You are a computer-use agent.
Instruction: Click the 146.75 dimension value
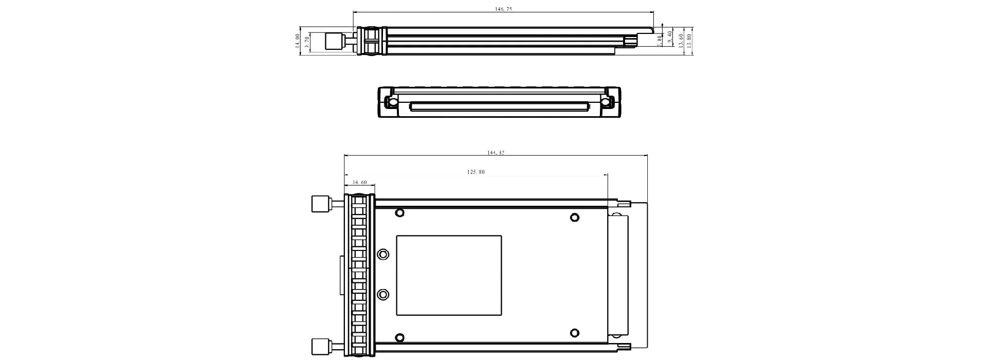pos(503,9)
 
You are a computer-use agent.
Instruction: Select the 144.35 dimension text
pos(496,153)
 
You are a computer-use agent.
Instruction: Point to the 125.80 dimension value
pos(476,172)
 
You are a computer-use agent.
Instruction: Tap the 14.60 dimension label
pos(360,183)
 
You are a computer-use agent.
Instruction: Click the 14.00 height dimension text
pos(297,41)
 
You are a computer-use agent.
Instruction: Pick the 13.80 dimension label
pos(689,41)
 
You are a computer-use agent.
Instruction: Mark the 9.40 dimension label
pos(670,37)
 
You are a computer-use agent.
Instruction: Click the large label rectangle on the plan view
pos(449,275)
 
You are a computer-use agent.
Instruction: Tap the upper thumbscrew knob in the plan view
pos(320,204)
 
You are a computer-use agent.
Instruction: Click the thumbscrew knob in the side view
pos(335,42)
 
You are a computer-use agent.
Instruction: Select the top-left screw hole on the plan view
pos(399,212)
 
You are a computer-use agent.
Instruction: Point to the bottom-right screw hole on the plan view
pos(575,333)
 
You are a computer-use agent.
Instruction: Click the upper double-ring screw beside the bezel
pos(383,255)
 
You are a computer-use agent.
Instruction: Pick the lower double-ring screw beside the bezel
pos(383,295)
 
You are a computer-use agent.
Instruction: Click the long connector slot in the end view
pos(499,107)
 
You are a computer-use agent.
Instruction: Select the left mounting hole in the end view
pos(392,102)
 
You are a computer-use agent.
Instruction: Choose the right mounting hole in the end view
pos(607,102)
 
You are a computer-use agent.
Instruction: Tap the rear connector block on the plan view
pos(618,275)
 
